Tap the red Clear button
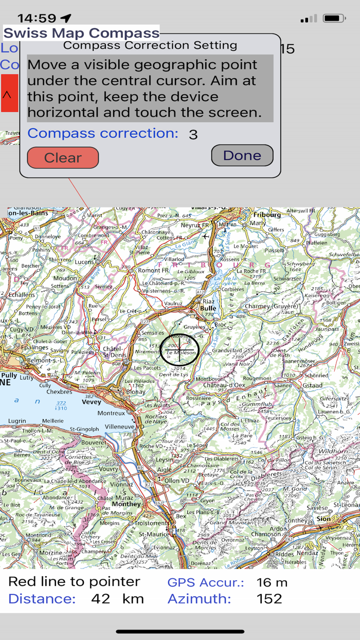[x=63, y=157]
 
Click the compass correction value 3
[x=193, y=135]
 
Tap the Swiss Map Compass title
[x=82, y=33]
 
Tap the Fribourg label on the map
[x=267, y=215]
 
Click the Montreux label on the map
[x=111, y=413]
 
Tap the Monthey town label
[x=126, y=504]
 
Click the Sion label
[x=324, y=519]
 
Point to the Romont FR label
[x=150, y=270]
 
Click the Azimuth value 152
[x=270, y=599]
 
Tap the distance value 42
[x=101, y=599]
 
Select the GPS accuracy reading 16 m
[x=272, y=583]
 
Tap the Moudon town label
[x=65, y=278]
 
